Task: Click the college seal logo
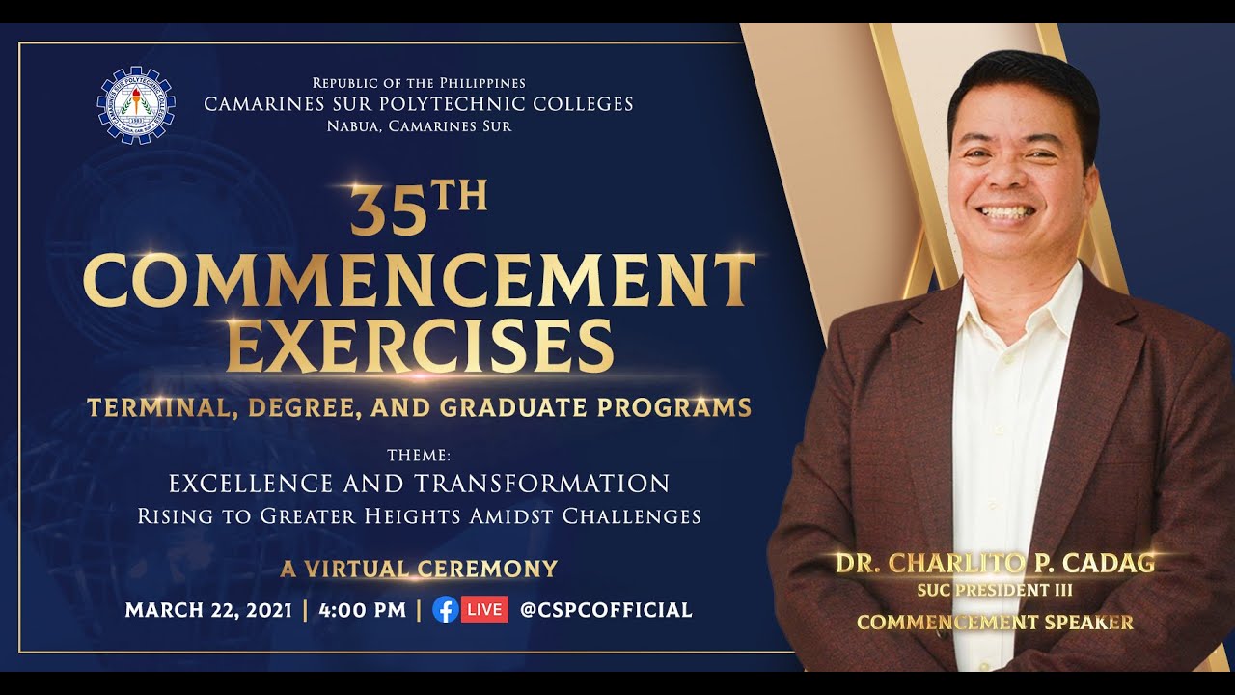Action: (136, 105)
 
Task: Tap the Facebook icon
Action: (445, 609)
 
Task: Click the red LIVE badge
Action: (484, 609)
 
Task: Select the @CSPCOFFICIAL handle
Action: (605, 610)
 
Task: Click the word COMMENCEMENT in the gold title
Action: (419, 281)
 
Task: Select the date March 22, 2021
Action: (208, 610)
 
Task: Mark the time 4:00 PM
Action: (361, 610)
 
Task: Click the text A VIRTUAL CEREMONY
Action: (419, 569)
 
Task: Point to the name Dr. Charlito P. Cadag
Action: (995, 563)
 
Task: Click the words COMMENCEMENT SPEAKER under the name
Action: (995, 623)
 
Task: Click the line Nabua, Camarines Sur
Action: (419, 126)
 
